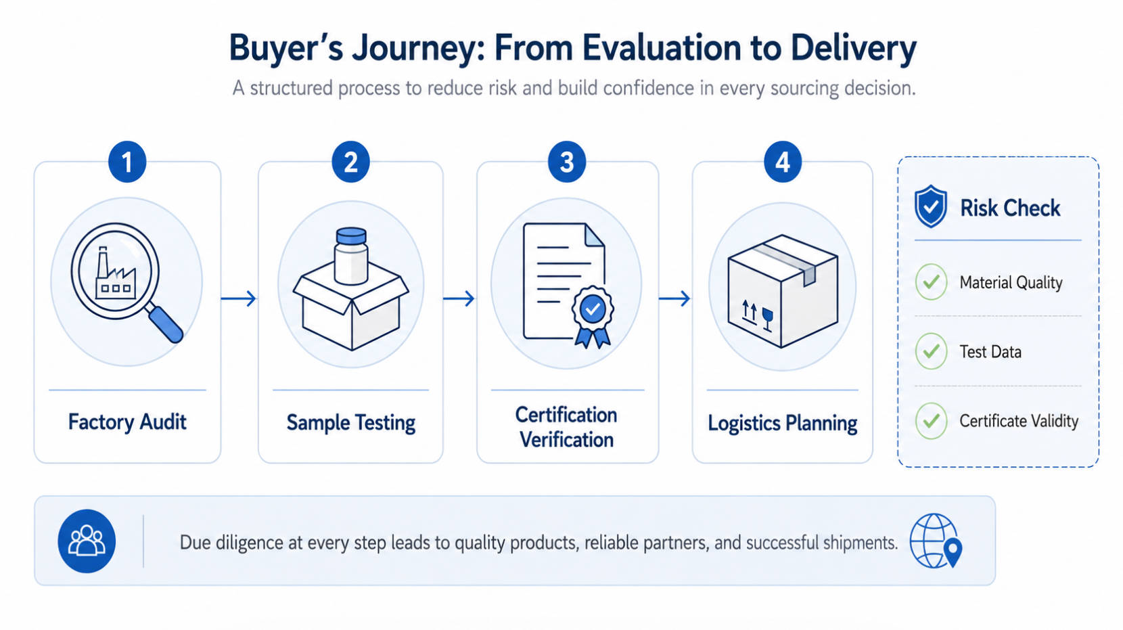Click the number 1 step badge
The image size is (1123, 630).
127,162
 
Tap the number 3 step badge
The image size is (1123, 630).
566,162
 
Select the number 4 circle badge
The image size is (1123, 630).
782,162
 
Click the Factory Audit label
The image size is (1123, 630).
127,422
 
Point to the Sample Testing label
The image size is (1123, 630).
350,422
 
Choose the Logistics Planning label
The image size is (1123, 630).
782,423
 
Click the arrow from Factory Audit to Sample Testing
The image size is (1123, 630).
239,298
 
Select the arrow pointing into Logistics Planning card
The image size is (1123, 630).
674,298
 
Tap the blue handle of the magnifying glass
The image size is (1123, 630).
166,324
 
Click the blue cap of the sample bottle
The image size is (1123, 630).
351,235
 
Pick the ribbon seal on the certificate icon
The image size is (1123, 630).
593,316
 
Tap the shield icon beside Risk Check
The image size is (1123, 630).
930,206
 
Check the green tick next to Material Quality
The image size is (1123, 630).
931,282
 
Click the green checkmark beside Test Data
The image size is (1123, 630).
931,351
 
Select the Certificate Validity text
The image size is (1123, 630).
1019,421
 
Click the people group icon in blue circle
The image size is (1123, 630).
87,541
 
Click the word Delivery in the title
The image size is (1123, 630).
854,48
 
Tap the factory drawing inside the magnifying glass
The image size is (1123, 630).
115,273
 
